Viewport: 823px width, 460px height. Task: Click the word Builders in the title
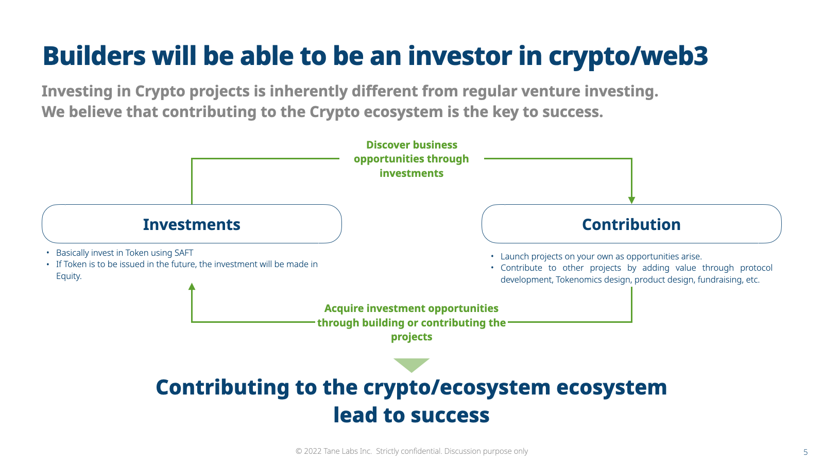pos(94,56)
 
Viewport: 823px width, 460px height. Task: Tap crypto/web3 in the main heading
pos(628,57)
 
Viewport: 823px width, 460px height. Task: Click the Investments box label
pos(192,224)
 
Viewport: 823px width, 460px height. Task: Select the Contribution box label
pos(631,224)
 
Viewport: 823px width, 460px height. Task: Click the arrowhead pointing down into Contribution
pos(631,200)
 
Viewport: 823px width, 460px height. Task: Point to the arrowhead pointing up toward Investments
pos(192,286)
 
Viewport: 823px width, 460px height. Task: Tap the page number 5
pos(805,452)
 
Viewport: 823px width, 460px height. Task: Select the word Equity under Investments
pos(68,276)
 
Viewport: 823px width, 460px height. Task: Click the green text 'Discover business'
pos(411,144)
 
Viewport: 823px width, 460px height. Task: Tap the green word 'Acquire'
pos(344,308)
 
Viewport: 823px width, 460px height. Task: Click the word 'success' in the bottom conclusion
pos(450,415)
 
